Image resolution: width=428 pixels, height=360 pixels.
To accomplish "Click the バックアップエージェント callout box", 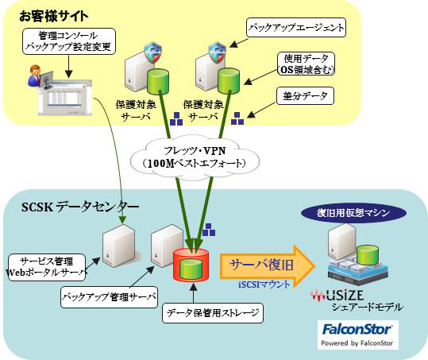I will pyautogui.click(x=295, y=29).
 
